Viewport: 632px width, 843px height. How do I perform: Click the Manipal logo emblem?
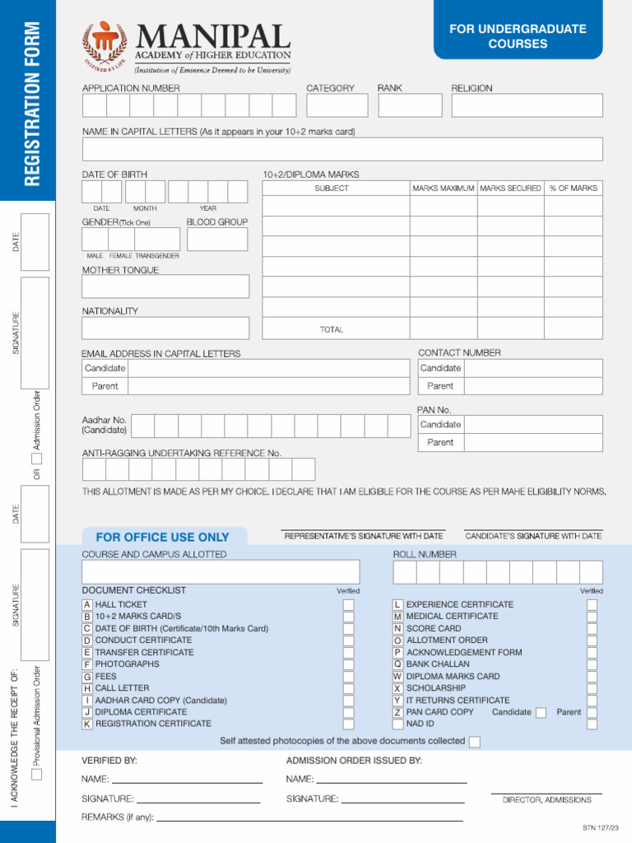105,45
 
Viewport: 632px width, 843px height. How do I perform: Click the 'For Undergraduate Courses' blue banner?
518,36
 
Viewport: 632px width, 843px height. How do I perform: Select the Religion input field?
527,105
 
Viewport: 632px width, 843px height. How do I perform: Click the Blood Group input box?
217,240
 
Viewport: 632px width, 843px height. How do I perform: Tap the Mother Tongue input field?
165,286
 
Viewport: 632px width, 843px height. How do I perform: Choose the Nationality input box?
165,328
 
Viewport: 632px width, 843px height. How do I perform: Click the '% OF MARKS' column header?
573,189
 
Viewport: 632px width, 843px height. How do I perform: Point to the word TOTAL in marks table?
332,329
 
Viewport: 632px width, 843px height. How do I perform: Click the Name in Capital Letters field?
342,149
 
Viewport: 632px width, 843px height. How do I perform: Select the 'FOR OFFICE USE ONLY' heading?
156,537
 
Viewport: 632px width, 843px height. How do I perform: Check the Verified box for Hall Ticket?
349,605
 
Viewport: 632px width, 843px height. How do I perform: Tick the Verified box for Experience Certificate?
592,605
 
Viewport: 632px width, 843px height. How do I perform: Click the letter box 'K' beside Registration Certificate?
87,724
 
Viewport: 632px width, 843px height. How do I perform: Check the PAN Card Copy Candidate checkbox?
541,713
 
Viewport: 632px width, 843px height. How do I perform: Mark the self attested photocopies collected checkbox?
474,742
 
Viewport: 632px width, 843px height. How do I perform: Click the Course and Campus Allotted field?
221,572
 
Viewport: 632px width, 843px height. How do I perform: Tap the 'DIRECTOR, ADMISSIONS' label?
546,800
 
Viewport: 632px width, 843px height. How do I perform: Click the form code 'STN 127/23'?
601,828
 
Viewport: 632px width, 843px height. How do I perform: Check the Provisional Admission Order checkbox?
37,774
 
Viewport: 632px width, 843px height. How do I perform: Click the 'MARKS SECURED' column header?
510,189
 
